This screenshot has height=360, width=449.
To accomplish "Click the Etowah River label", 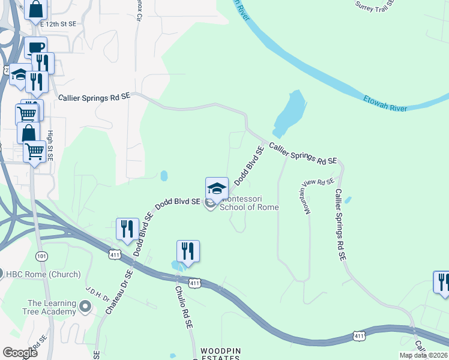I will pyautogui.click(x=385, y=103).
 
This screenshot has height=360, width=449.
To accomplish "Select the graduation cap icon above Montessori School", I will pyautogui.click(x=217, y=188).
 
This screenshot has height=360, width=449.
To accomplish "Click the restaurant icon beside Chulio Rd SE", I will pyautogui.click(x=188, y=251).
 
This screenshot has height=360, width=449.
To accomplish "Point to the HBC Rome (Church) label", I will pyautogui.click(x=43, y=274).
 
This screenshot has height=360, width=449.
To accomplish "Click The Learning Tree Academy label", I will pyautogui.click(x=52, y=307).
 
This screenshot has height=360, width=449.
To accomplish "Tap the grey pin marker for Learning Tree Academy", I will pyautogui.click(x=85, y=307).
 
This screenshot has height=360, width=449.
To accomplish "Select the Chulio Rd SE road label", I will pyautogui.click(x=183, y=307).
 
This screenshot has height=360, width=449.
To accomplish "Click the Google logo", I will pyautogui.click(x=20, y=352).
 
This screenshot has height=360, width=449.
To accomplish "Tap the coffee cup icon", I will pyautogui.click(x=35, y=47).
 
